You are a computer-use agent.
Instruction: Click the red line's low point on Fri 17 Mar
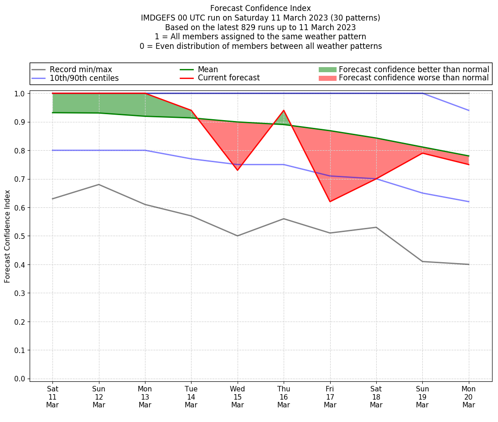330,201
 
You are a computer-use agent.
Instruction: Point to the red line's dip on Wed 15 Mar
238,170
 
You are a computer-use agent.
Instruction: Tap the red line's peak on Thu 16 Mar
284,111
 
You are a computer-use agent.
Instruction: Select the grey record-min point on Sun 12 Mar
99,185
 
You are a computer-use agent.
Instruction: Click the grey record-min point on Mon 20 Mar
468,264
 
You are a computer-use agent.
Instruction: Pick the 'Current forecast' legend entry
228,78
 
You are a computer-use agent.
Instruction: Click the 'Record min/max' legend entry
80,69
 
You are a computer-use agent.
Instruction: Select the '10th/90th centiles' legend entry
84,78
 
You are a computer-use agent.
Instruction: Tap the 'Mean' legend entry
207,69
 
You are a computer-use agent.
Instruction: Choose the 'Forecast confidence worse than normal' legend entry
414,78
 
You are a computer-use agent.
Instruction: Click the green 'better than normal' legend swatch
327,69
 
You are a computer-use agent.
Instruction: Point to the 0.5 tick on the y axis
20,236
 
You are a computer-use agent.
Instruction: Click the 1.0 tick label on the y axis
20,94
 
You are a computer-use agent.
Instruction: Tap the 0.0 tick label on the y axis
20,379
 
